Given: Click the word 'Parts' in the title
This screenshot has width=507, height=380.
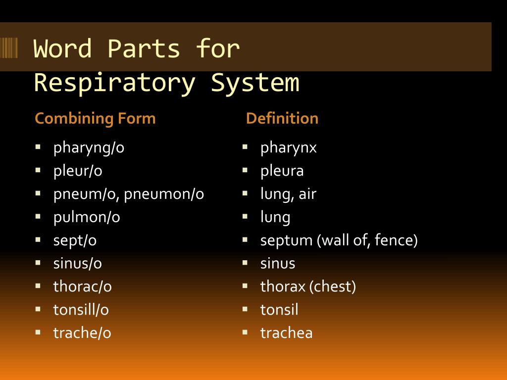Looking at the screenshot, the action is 144,48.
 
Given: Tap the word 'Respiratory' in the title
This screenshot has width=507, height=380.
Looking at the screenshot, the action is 115,83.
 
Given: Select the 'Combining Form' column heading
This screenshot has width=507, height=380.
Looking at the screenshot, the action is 95,118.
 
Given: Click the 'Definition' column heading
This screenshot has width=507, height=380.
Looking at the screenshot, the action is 282,118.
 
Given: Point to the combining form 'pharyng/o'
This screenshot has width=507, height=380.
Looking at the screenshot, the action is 89,147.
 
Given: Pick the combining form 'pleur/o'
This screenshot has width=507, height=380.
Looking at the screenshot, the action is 78,171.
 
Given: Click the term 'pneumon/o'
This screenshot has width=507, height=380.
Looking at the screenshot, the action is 164,194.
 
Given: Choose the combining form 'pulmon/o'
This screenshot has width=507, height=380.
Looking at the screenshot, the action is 87,217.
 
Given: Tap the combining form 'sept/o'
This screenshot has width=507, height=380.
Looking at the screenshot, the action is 75,241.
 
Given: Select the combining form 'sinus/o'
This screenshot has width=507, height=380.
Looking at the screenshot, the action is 78,263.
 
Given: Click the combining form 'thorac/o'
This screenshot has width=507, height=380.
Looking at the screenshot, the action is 83,286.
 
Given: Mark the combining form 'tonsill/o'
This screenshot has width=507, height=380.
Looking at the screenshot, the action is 81,310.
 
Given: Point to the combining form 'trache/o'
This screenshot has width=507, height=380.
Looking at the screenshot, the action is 82,333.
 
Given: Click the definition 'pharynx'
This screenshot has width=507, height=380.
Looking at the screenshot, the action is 289,148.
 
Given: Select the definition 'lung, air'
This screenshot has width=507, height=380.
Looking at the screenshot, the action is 288,194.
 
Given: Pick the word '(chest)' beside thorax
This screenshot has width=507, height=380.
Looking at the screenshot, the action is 332,286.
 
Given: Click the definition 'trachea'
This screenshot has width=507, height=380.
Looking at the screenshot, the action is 287,333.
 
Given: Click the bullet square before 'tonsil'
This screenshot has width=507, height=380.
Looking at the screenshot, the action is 245,309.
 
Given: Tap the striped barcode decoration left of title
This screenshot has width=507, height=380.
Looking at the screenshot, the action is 9,48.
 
